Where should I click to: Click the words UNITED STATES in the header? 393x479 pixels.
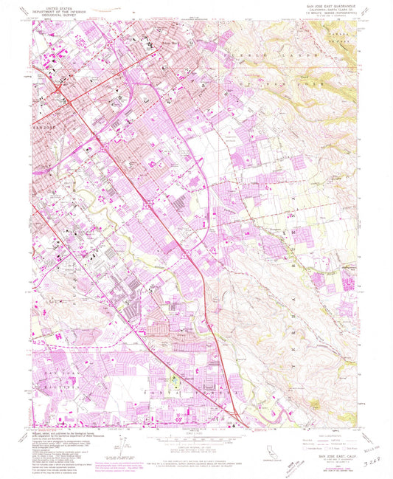click(60, 10)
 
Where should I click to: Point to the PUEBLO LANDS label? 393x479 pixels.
click(288, 54)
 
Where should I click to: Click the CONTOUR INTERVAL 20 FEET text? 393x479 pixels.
click(195, 444)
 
